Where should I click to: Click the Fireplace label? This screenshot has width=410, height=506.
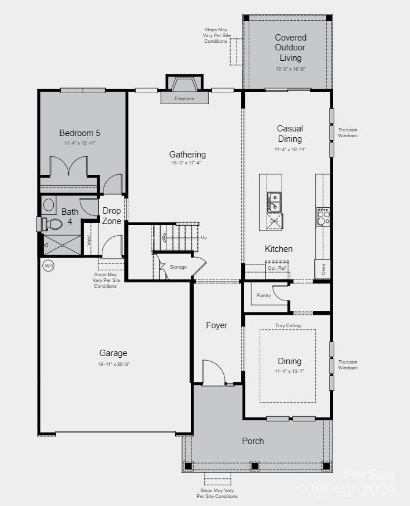click(x=184, y=99)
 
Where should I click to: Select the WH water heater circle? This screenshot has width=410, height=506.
click(x=49, y=266)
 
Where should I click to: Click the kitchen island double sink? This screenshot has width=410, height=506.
click(x=274, y=202)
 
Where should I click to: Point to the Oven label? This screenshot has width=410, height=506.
click(x=323, y=269)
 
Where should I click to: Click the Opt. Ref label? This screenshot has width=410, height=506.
click(x=276, y=268)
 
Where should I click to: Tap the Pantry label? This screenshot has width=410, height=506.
click(x=264, y=295)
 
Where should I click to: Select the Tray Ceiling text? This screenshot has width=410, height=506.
click(x=287, y=326)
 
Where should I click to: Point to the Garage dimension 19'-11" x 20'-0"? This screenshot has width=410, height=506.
click(x=113, y=364)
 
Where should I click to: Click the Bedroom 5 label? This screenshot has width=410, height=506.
click(x=80, y=133)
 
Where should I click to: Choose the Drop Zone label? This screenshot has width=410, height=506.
click(x=112, y=216)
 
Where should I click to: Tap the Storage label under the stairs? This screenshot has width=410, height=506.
click(x=178, y=267)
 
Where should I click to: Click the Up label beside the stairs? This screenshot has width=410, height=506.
click(x=204, y=237)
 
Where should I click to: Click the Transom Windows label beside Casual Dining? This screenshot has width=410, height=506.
click(x=348, y=133)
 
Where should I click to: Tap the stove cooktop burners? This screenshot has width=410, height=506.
click(x=323, y=217)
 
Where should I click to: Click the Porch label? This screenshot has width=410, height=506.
click(x=253, y=441)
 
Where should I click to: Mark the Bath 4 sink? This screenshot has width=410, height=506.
click(x=49, y=204)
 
